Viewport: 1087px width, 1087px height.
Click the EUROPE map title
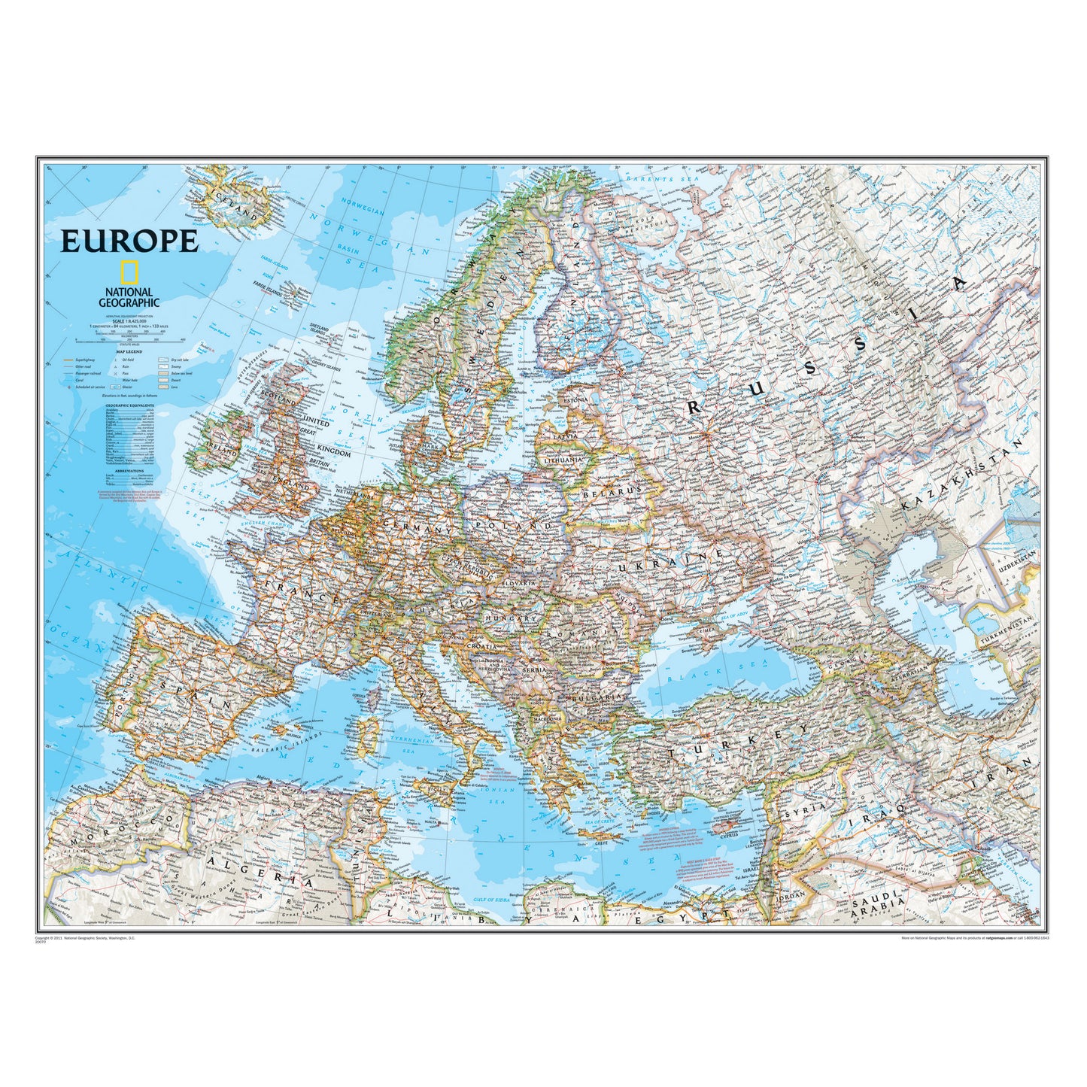pos(129,241)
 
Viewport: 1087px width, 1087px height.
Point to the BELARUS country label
pos(612,491)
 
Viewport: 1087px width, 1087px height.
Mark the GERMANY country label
pos(417,527)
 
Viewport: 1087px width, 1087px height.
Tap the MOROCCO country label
pos(113,827)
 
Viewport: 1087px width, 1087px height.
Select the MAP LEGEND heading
pos(129,351)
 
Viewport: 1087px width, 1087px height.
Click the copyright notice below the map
pos(84,938)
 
